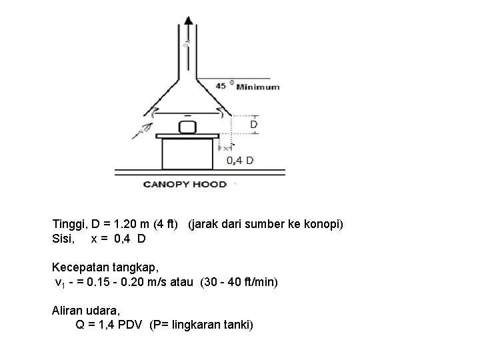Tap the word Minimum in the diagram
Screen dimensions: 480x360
coord(258,87)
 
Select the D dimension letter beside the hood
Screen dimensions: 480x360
coord(253,124)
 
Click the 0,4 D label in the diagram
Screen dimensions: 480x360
coord(240,160)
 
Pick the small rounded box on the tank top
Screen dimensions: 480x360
coord(187,126)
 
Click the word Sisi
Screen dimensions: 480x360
coord(63,238)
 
